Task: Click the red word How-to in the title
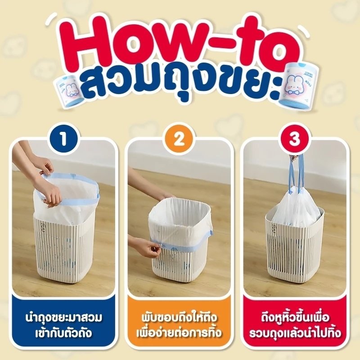pos(180,43)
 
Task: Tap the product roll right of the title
pos(293,85)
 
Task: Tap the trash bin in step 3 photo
pos(296,252)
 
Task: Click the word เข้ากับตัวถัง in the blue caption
pos(64,334)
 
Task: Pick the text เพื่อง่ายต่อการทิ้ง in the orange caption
pos(180,334)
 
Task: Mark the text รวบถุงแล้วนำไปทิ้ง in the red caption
pos(295,334)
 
